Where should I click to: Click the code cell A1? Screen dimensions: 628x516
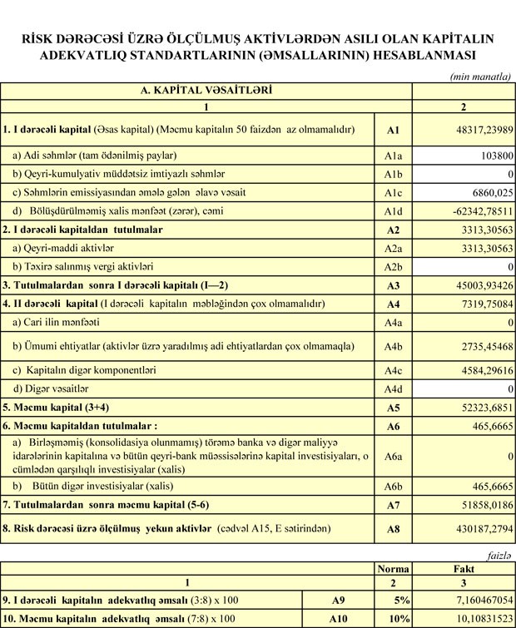click(x=394, y=131)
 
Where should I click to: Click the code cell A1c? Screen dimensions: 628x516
click(x=394, y=191)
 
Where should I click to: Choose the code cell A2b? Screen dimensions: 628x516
click(x=394, y=267)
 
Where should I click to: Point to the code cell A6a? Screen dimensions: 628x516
click(x=394, y=457)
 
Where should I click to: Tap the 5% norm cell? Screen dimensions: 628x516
click(x=393, y=598)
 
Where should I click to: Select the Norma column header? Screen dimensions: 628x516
click(x=393, y=570)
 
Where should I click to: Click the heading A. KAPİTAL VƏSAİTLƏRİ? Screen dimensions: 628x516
click(x=206, y=88)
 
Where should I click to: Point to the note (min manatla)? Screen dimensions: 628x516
click(x=480, y=77)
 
